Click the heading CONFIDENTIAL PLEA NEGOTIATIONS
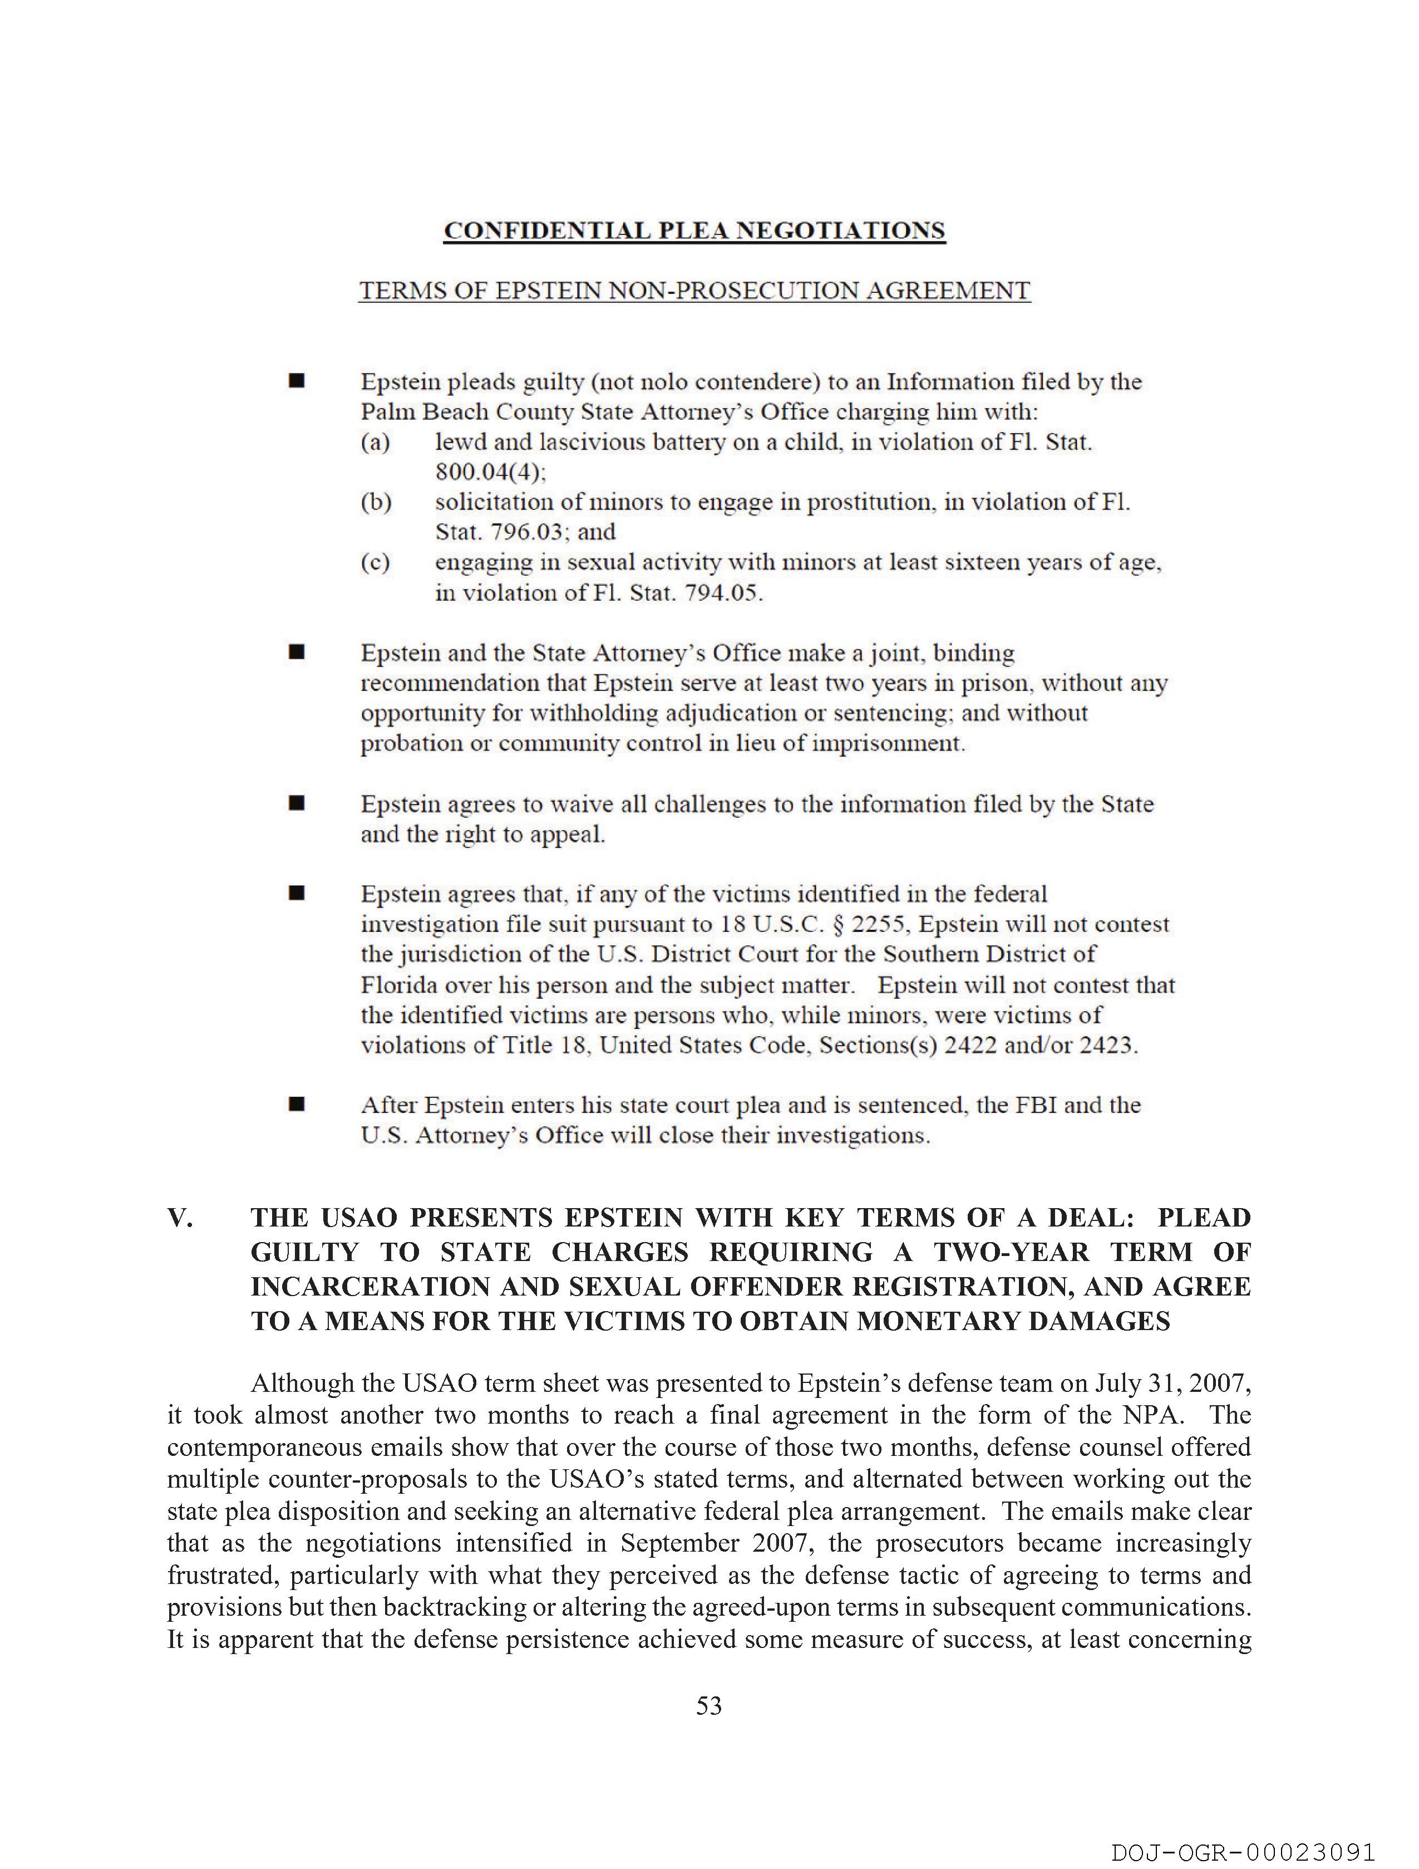694,230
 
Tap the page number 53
708,1706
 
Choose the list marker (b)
376,502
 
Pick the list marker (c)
376,562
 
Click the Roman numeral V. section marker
181,1218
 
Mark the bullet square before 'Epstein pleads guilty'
297,382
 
